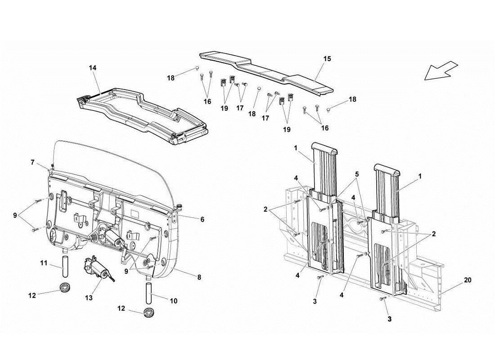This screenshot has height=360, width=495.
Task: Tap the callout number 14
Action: click(x=93, y=67)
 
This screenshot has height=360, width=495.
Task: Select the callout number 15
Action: click(x=327, y=58)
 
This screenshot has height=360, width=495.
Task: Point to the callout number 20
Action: click(x=468, y=279)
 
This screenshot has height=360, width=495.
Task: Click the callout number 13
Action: click(x=89, y=297)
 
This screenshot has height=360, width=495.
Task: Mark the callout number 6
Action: click(x=202, y=219)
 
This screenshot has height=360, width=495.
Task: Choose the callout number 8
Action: click(x=198, y=278)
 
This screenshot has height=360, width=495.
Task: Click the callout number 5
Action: click(x=357, y=174)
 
